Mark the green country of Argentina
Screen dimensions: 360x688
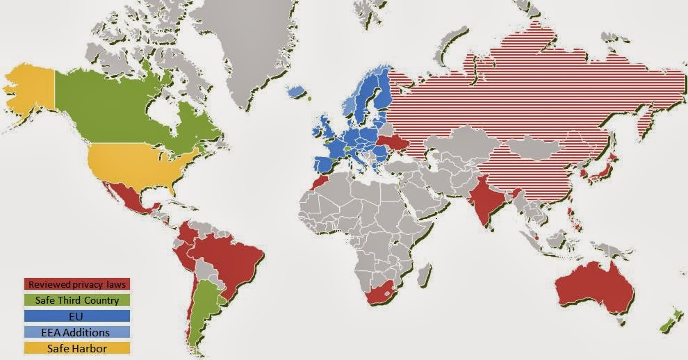[x=201, y=306]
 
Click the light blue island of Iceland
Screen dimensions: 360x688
[x=297, y=91]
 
